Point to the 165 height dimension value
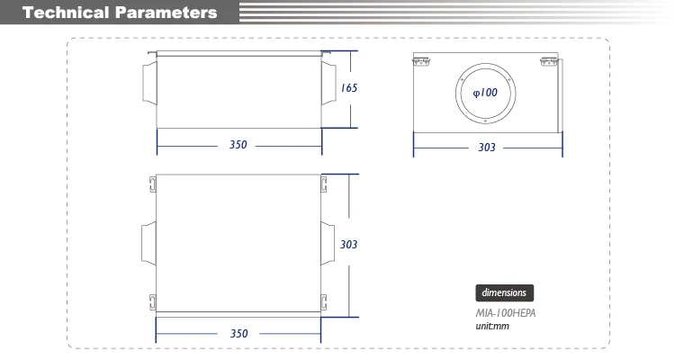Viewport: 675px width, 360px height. point(349,88)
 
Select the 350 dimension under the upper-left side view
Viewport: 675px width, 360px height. point(238,145)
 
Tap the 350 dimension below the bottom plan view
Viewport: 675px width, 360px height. point(238,333)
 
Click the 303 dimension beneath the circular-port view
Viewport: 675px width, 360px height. point(487,148)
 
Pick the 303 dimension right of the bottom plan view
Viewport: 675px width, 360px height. point(349,244)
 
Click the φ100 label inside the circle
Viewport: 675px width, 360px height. point(486,93)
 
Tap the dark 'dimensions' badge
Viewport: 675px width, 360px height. point(504,292)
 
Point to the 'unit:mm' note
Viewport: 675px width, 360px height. point(492,325)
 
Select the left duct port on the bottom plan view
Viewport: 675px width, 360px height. point(148,244)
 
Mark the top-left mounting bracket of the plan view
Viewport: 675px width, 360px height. point(152,185)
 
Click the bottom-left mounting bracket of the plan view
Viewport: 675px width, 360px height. point(152,301)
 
